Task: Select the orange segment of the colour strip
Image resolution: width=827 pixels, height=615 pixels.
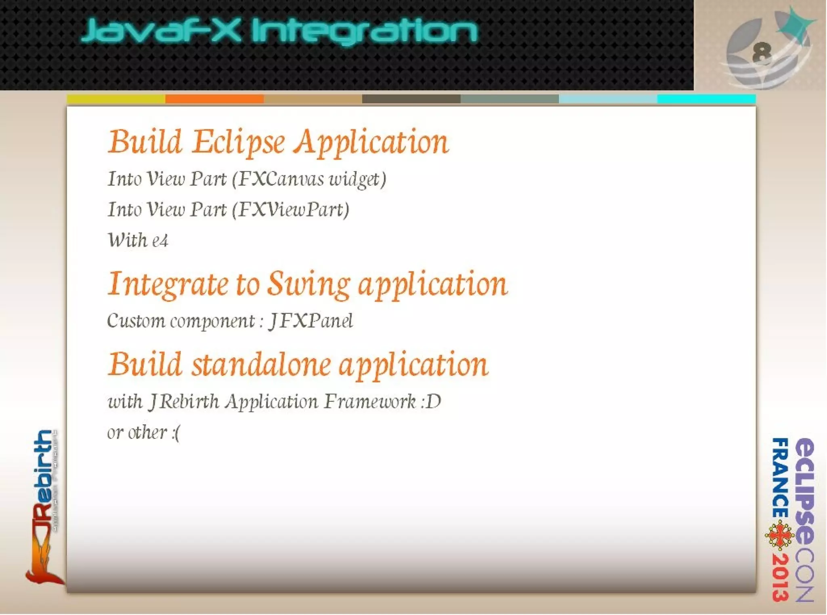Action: tap(214, 99)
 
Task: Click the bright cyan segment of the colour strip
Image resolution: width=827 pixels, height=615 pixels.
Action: tap(706, 99)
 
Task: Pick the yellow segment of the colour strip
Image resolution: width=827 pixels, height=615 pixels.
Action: tap(116, 99)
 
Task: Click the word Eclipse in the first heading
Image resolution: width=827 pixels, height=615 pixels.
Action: tap(238, 142)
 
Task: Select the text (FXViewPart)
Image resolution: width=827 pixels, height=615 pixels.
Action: tap(291, 210)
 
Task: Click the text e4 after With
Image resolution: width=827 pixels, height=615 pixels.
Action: tap(160, 241)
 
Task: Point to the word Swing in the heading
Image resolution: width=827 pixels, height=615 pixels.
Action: tap(309, 284)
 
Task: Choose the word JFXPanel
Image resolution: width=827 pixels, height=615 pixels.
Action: tap(311, 321)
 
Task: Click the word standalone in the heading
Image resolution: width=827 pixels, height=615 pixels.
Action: tap(261, 364)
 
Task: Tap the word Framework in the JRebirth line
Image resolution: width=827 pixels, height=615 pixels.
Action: tap(370, 402)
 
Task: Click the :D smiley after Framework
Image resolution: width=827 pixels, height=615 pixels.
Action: tap(431, 402)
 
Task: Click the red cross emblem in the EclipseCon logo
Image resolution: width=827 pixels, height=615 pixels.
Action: tap(779, 536)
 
